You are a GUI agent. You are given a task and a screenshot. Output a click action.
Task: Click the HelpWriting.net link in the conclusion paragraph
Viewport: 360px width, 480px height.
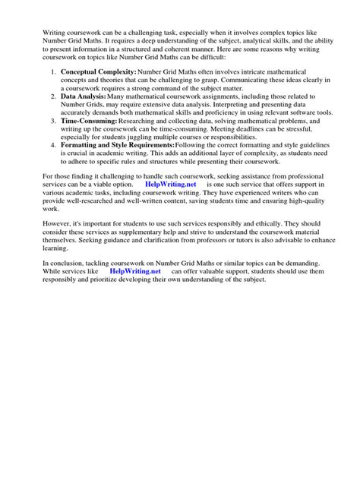134,271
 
